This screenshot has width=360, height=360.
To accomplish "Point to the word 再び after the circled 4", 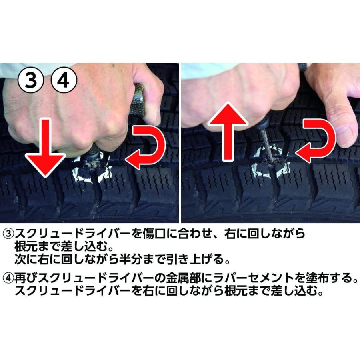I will click(x=23, y=277).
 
